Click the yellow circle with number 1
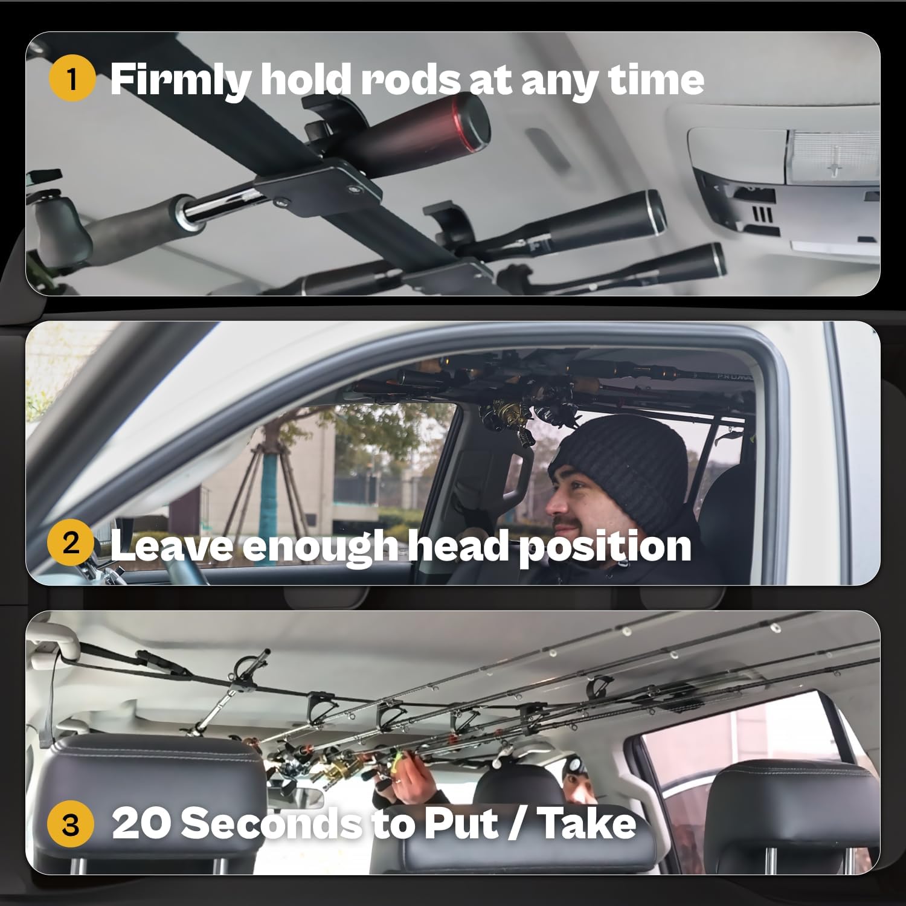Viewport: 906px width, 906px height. point(72,79)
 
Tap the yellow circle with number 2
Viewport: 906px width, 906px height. point(71,544)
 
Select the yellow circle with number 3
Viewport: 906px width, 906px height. point(71,824)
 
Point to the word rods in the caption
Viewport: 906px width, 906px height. point(411,80)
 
